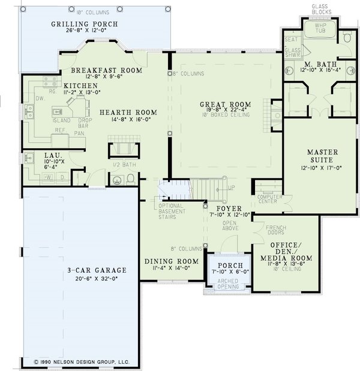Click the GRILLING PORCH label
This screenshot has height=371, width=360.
point(92,25)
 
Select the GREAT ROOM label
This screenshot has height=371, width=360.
point(225,104)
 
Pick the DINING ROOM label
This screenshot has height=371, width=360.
point(172,261)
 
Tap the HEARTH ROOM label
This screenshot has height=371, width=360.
point(128,112)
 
